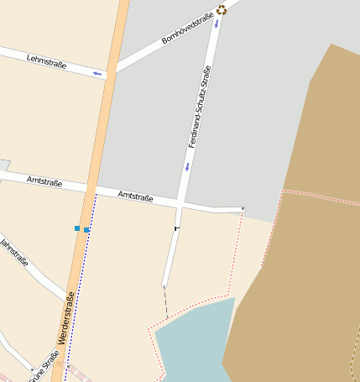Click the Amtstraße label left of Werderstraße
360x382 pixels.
point(44,181)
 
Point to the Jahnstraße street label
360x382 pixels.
point(15,252)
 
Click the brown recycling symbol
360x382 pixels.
point(222,10)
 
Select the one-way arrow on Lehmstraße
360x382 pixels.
point(97,74)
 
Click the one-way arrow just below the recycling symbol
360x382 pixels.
point(217,24)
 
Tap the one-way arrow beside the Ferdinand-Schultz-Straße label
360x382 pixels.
point(186,166)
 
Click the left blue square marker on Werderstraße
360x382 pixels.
point(77,228)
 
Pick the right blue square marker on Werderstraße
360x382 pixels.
point(86,229)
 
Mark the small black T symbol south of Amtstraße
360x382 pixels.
point(176,228)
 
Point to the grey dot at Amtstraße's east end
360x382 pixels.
point(243,208)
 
